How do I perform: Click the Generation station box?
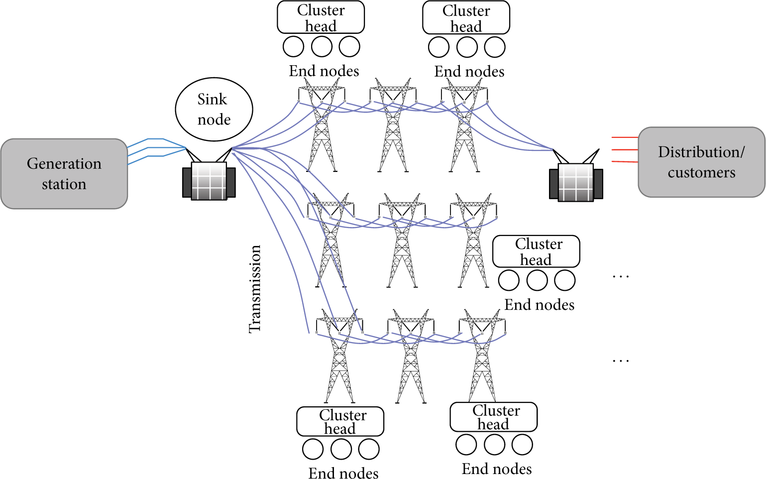[x=64, y=173]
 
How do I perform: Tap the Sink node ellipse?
[x=214, y=109]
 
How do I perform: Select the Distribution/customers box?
[x=701, y=162]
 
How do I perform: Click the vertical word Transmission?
[x=255, y=289]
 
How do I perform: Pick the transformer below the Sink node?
[x=209, y=174]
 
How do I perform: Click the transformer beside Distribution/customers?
[x=576, y=176]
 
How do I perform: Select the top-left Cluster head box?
[x=321, y=17]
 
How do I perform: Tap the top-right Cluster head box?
[x=466, y=17]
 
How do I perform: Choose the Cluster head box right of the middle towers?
[x=536, y=251]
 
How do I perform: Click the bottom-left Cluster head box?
[x=340, y=421]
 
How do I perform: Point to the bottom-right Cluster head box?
[x=493, y=417]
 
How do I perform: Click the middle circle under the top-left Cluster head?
[x=322, y=46]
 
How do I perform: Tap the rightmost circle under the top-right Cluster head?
[x=495, y=47]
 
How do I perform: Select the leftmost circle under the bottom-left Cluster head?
[x=313, y=449]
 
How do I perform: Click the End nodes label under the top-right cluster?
[x=469, y=72]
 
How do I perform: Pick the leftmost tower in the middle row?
[x=330, y=240]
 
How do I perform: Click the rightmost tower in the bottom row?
[x=482, y=356]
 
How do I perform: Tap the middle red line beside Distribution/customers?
[x=625, y=150]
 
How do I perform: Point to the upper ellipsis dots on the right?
[x=621, y=276]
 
